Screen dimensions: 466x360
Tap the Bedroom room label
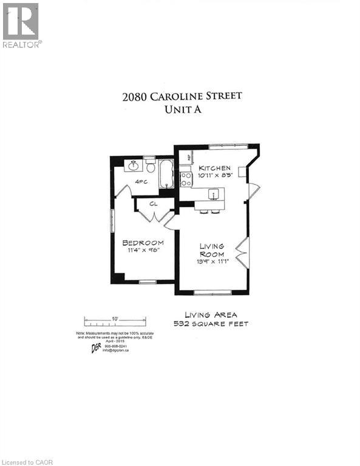pos(143,242)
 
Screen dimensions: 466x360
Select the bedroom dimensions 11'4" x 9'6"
pos(143,250)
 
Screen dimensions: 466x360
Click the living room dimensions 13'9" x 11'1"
pos(212,261)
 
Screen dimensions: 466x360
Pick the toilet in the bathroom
pos(149,165)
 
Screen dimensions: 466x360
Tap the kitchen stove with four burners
pos(186,179)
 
